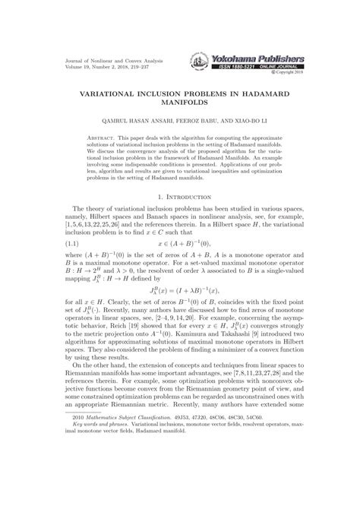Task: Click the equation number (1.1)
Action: (x=80, y=243)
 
